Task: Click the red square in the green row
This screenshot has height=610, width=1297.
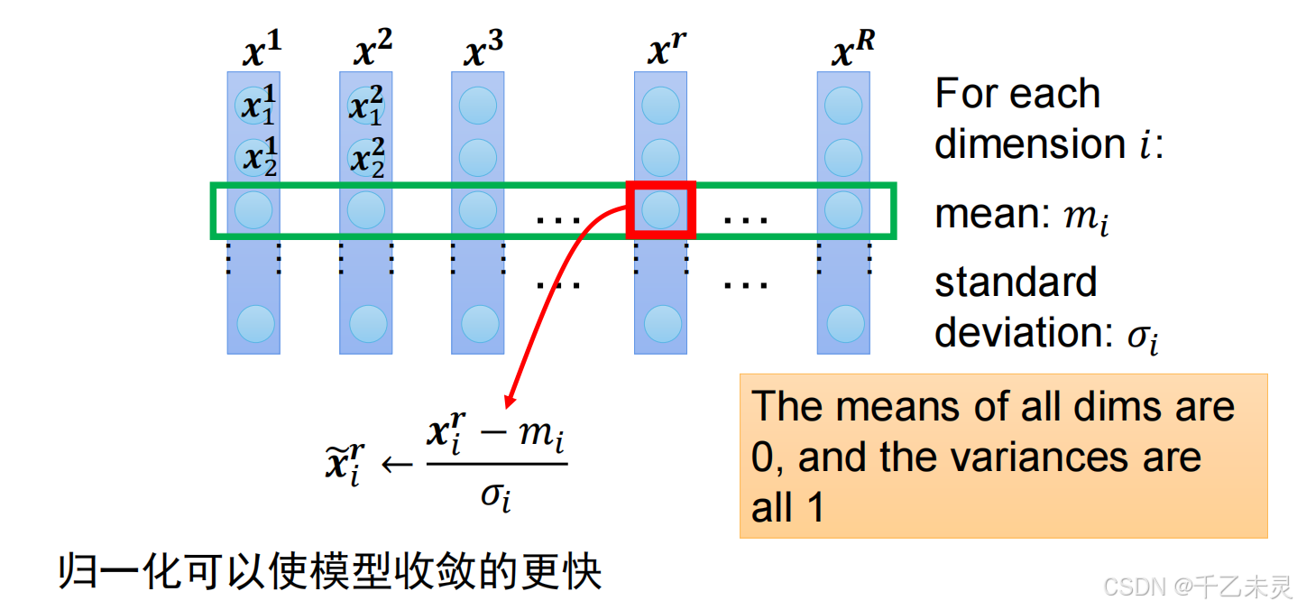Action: click(x=661, y=210)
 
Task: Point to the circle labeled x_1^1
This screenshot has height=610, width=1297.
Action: click(x=254, y=106)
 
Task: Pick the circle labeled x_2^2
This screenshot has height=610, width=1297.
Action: click(x=366, y=158)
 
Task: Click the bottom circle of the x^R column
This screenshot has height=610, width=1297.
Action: click(x=845, y=323)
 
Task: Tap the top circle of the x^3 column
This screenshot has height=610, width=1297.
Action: click(x=478, y=106)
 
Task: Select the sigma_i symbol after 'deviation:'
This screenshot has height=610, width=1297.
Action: click(x=1141, y=336)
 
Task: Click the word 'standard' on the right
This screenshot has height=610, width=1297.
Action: click(x=1016, y=282)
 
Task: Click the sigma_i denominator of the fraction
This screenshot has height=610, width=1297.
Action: click(x=495, y=494)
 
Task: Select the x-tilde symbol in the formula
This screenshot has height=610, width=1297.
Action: click(x=345, y=466)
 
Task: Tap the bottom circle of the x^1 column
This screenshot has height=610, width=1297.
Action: click(x=254, y=323)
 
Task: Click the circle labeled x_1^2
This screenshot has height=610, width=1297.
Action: click(x=366, y=106)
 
